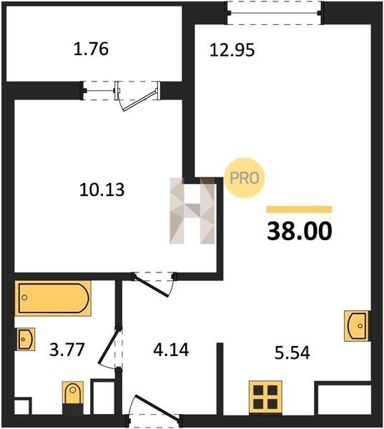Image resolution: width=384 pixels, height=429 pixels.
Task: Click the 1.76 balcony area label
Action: [91, 49]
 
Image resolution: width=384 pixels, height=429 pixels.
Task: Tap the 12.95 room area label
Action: [232, 50]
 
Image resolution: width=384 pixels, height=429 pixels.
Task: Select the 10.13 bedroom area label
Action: [102, 189]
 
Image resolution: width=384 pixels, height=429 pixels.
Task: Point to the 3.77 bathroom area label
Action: [67, 350]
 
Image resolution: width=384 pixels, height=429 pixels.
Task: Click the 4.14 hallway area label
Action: [171, 350]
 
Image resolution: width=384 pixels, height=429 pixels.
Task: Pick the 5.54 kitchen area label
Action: [292, 352]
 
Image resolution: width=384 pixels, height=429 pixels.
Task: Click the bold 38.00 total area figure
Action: [300, 231]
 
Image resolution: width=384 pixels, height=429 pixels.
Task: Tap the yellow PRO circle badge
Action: [245, 178]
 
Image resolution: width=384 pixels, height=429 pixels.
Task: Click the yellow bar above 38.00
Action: [299, 209]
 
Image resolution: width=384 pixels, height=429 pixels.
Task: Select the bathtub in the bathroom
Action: [53, 298]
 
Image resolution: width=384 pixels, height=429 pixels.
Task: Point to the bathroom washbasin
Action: [25, 339]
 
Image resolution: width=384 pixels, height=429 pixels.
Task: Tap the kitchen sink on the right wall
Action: [357, 326]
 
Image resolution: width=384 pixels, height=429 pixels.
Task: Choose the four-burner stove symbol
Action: [265, 397]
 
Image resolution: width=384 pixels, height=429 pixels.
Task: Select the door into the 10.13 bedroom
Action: [154, 285]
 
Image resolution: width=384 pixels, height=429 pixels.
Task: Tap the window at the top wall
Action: [275, 13]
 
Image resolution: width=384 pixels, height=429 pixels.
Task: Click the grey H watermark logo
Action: [192, 211]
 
